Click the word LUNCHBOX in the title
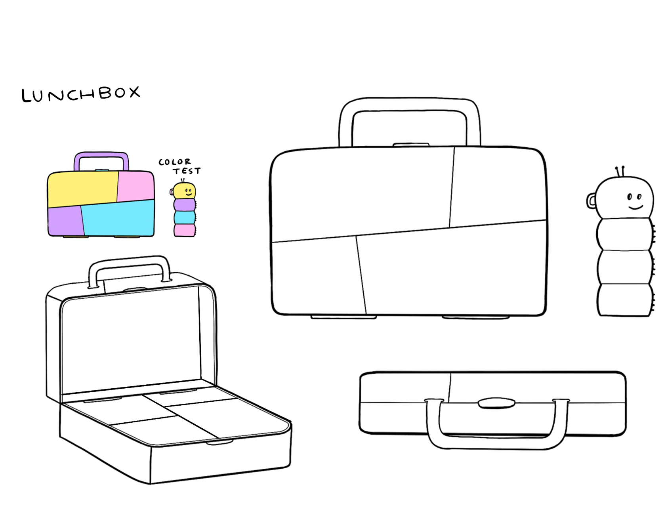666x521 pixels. [80, 94]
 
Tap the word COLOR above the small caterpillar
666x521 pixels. [174, 162]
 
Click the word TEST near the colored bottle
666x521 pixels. [187, 171]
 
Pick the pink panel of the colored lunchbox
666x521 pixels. [135, 185]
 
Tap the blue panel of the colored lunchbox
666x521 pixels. [118, 219]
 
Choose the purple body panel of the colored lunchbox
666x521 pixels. [65, 220]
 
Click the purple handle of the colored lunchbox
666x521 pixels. [101, 155]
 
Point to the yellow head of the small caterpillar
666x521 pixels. [185, 191]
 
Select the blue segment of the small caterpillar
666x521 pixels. [184, 217]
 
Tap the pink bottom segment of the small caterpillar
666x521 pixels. [184, 230]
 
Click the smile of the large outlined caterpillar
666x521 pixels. [635, 207]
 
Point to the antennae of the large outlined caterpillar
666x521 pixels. [620, 171]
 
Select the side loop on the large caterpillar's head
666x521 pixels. [590, 201]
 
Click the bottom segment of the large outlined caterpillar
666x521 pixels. [624, 300]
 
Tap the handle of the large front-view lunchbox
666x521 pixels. [410, 104]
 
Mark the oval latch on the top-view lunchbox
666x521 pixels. [496, 403]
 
